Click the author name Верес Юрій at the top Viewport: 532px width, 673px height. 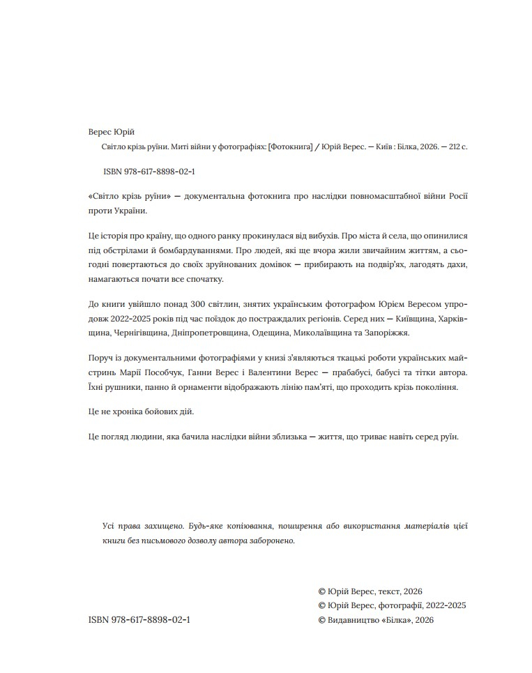coord(112,133)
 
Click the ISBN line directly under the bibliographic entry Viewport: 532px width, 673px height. coord(149,172)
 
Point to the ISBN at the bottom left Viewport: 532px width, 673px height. coord(139,619)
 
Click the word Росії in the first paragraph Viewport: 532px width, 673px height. coord(454,196)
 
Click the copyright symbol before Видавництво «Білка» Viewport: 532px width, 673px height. coord(321,619)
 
